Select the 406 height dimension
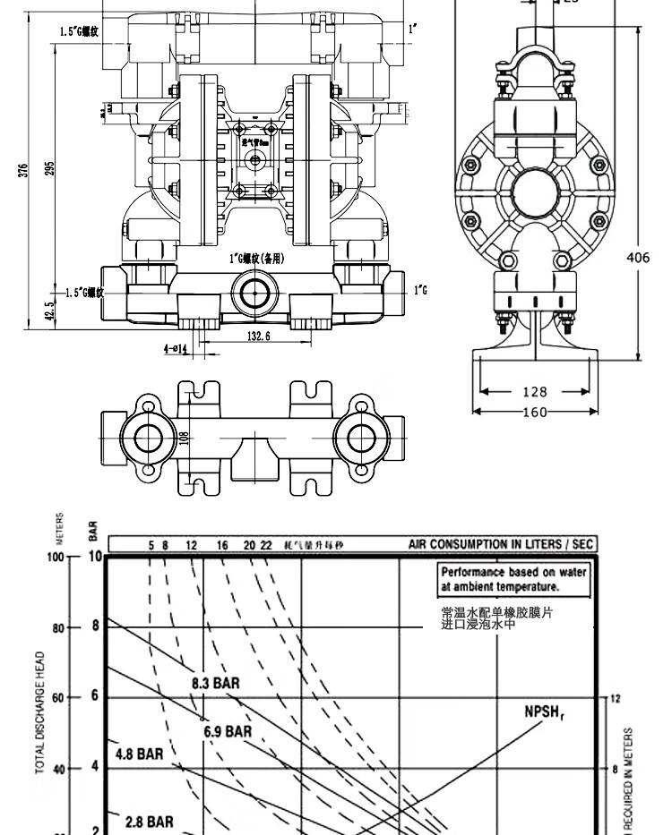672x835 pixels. click(x=637, y=258)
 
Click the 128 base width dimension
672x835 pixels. click(x=535, y=391)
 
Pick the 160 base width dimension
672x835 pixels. click(x=535, y=412)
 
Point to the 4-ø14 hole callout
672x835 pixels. click(x=175, y=349)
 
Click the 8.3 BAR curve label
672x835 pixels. click(x=216, y=683)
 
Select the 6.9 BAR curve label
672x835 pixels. click(x=228, y=731)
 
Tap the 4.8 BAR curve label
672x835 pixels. click(x=139, y=753)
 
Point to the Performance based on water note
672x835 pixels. click(x=513, y=580)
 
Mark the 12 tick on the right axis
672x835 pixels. click(x=613, y=697)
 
